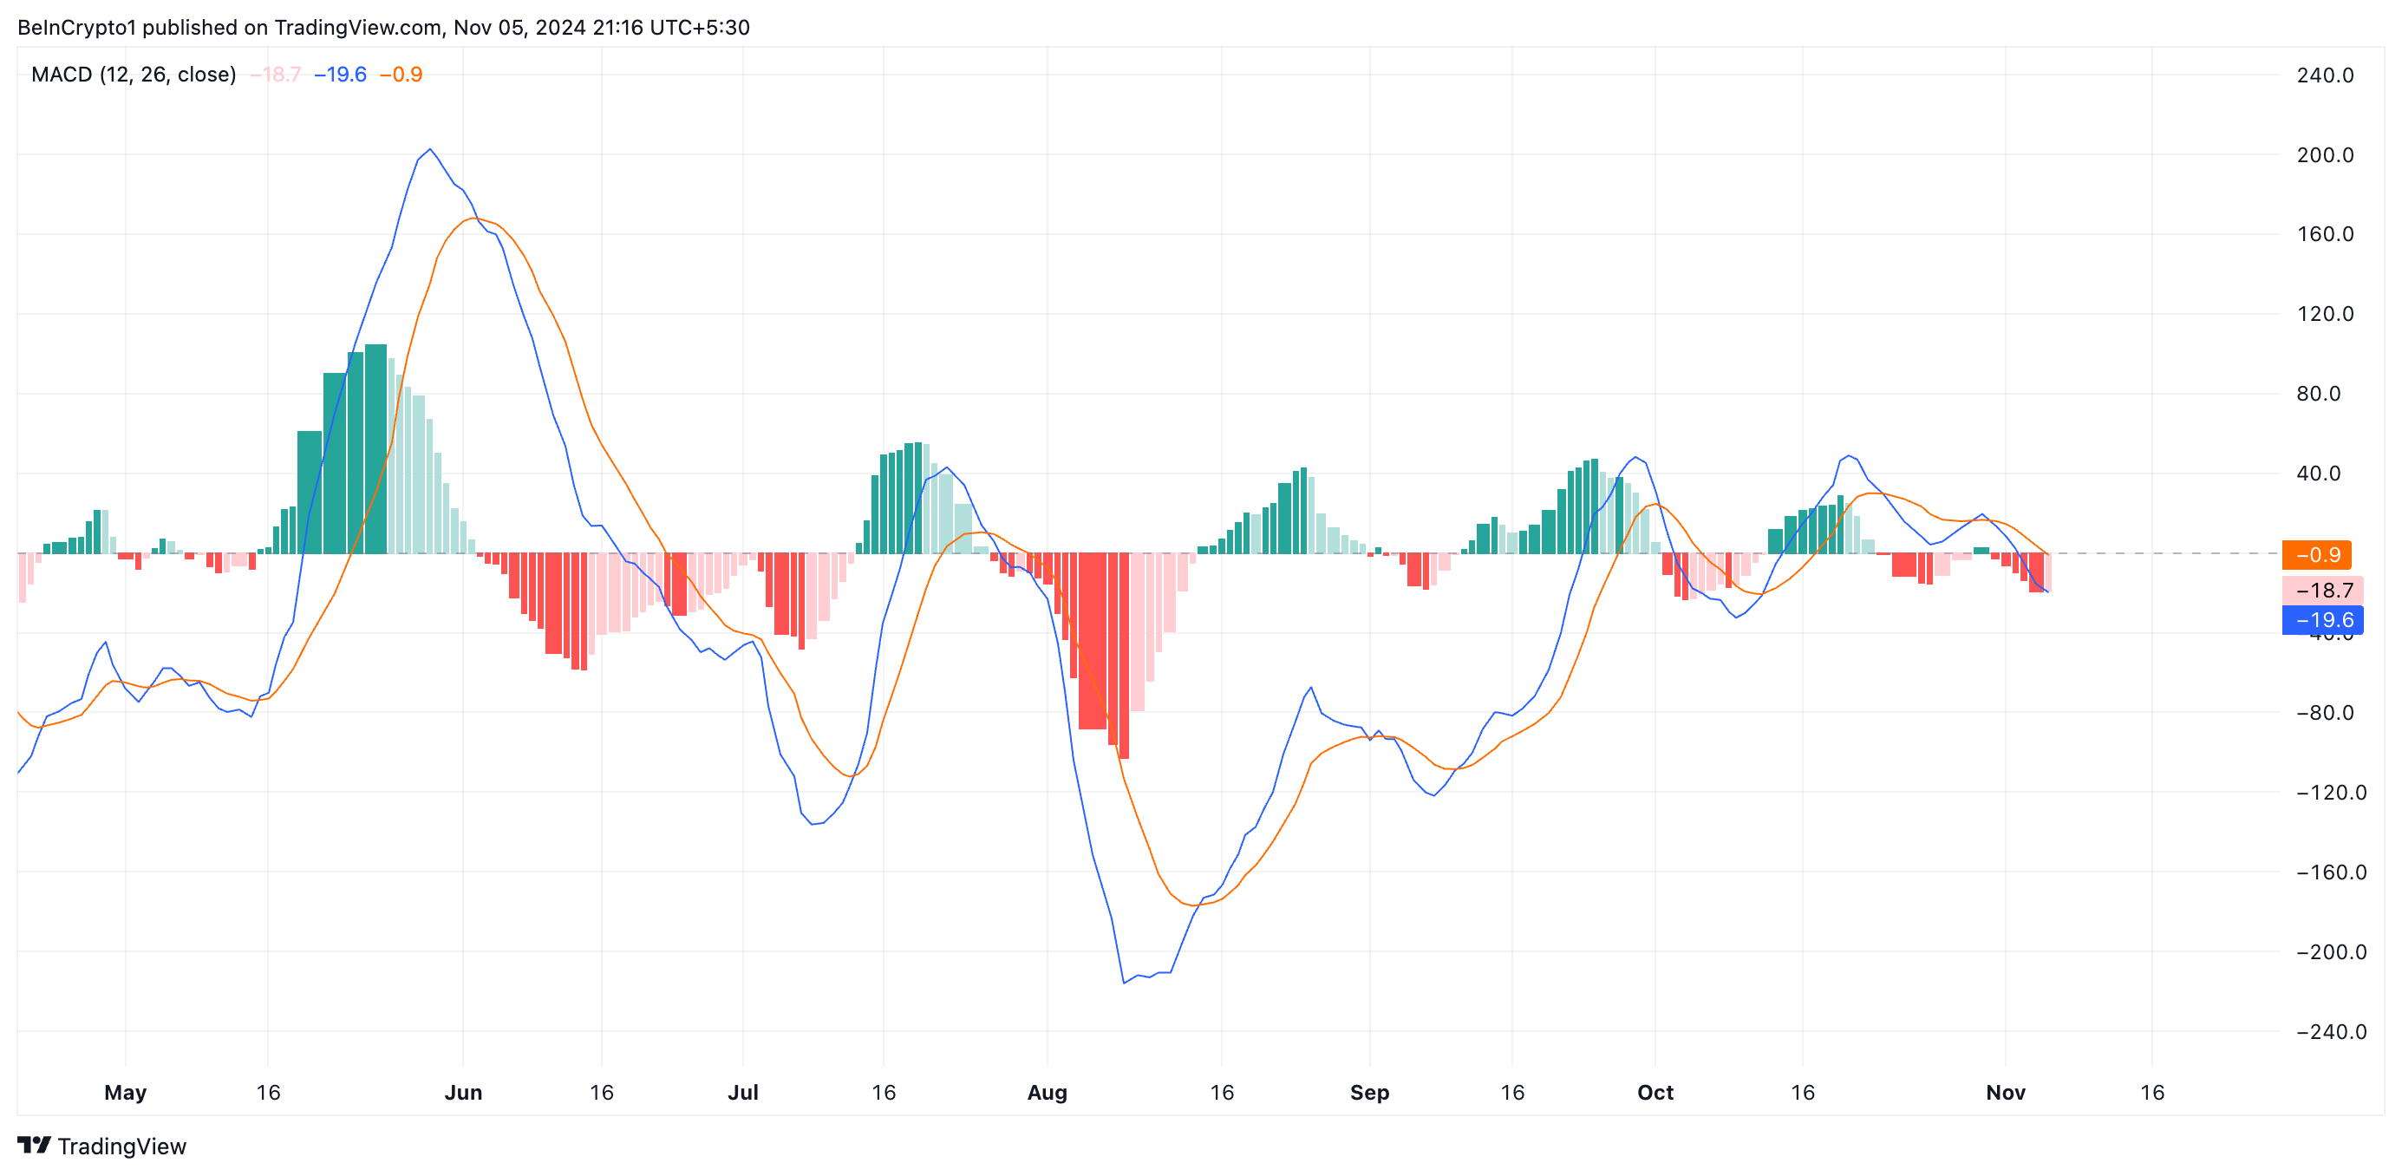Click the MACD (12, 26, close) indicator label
[x=134, y=75]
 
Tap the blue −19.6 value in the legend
[x=340, y=75]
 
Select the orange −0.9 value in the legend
[x=401, y=75]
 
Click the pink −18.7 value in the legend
[x=276, y=75]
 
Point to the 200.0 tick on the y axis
[x=2325, y=155]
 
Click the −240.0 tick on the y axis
[x=2330, y=1031]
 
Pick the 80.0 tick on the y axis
[x=2318, y=394]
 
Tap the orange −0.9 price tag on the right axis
[x=2317, y=555]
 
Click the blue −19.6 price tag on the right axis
[x=2323, y=620]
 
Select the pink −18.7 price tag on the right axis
[x=2323, y=591]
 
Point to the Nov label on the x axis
[x=2005, y=1092]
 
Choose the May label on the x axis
[x=125, y=1092]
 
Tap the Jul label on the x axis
[x=742, y=1092]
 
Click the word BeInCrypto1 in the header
[x=76, y=27]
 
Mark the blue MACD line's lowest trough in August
[x=1124, y=982]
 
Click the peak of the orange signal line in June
[x=472, y=219]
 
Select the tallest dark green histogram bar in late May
[x=375, y=448]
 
